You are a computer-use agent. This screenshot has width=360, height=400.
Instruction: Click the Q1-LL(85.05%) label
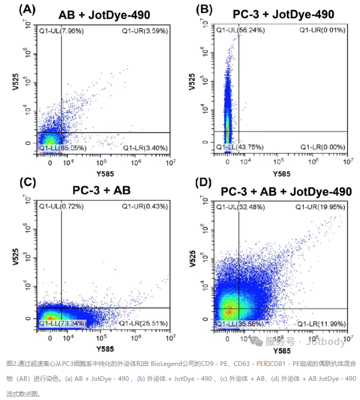click(x=63, y=148)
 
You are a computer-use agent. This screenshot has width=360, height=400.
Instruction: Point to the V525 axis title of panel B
click(x=192, y=83)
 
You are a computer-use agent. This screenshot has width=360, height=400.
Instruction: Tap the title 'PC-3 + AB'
click(x=102, y=190)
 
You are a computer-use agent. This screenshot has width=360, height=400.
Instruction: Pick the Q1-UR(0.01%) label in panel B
click(x=322, y=30)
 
